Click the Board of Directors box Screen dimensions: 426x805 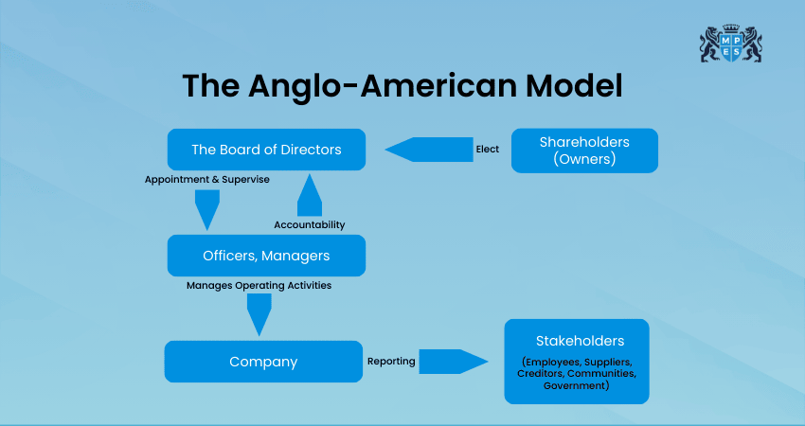coord(266,150)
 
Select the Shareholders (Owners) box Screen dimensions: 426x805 coord(584,151)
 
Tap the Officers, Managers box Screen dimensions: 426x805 coord(266,256)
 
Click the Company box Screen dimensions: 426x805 coord(263,362)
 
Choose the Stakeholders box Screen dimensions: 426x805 coord(577,361)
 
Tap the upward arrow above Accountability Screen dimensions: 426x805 coord(310,196)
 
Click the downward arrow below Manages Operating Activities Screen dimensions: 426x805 coord(259,314)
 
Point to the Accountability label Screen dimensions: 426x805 coord(309,224)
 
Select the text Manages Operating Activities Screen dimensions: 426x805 coord(259,284)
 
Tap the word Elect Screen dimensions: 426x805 coord(487,150)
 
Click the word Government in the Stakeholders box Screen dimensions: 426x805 coord(576,386)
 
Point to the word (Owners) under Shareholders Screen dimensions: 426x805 coord(584,159)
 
